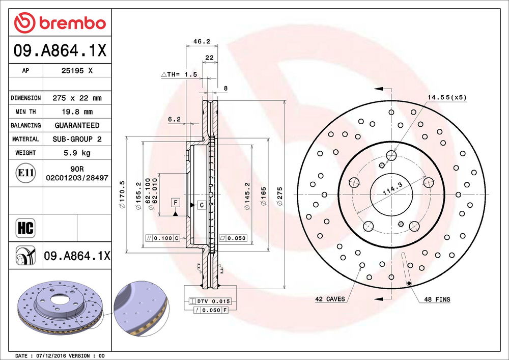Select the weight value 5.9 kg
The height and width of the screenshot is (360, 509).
[x=77, y=152]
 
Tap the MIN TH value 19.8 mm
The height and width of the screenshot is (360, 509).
[x=77, y=112]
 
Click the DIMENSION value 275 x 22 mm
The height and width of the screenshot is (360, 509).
[x=77, y=98]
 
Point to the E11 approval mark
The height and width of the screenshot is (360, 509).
[x=25, y=173]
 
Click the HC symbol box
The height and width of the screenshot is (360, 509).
[x=25, y=228]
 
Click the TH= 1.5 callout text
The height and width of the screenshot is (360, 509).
[x=179, y=74]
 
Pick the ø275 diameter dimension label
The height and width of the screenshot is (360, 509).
[x=279, y=196]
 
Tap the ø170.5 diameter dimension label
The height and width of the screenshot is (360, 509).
[x=122, y=196]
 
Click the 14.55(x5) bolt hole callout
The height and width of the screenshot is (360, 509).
[x=446, y=97]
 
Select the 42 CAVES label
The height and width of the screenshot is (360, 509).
[x=330, y=299]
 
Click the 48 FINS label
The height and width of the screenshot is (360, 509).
[x=437, y=299]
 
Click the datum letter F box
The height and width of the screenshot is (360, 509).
[x=175, y=203]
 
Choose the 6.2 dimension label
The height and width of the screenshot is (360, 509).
[x=174, y=119]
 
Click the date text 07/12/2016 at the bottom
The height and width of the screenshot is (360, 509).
[x=52, y=355]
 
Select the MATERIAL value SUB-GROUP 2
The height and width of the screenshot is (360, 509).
[x=77, y=139]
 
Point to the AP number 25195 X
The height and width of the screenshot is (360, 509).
[x=77, y=71]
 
